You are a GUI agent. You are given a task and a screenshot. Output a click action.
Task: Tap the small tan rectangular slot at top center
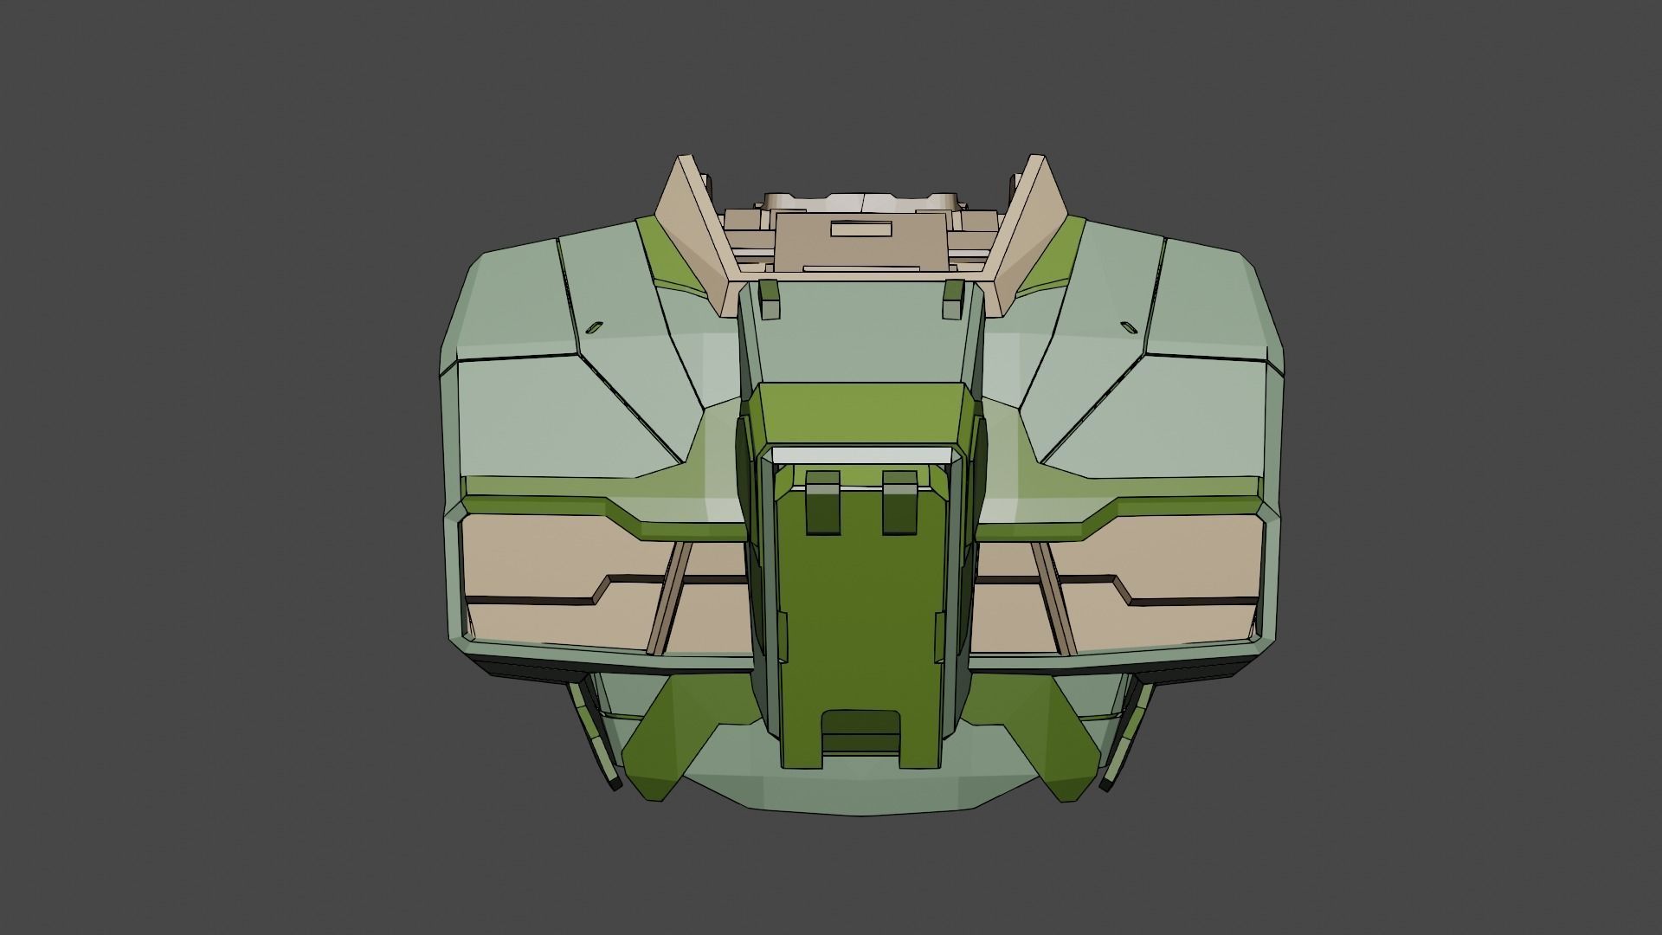click(x=860, y=229)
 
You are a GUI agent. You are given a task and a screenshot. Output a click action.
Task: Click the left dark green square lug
click(x=822, y=503)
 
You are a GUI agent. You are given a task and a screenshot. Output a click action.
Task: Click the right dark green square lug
click(x=899, y=503)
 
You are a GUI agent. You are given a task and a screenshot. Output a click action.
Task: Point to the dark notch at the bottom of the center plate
click(x=860, y=731)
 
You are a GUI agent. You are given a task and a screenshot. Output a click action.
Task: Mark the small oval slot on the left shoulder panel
click(x=594, y=326)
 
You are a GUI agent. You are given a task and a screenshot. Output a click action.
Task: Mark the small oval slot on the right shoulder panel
click(x=1128, y=326)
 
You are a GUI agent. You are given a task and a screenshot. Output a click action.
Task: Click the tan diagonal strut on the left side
click(x=667, y=597)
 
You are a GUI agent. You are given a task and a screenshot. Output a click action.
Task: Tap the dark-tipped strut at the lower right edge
click(x=1122, y=736)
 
